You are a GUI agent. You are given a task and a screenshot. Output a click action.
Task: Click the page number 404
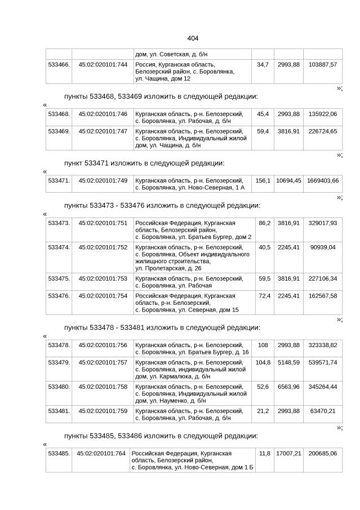click(x=192, y=38)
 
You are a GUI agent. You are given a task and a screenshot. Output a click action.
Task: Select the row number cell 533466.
click(x=59, y=65)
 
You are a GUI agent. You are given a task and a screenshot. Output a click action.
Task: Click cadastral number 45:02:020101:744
click(x=103, y=65)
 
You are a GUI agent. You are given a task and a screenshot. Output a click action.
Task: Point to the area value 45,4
click(x=263, y=114)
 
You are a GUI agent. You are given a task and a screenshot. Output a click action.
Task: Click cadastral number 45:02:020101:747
click(x=103, y=131)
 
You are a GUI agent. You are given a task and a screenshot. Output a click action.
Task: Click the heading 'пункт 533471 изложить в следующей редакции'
click(x=144, y=163)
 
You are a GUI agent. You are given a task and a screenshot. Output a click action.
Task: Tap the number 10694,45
click(x=288, y=180)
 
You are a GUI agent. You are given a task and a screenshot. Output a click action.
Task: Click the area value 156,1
click(x=263, y=180)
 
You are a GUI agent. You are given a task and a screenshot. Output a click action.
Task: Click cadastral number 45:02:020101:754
click(x=103, y=295)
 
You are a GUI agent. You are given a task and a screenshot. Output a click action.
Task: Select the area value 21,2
click(x=263, y=410)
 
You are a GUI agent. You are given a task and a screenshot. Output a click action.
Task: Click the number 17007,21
click(x=288, y=453)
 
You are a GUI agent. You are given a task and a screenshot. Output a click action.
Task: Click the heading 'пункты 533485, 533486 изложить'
click(x=161, y=436)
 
